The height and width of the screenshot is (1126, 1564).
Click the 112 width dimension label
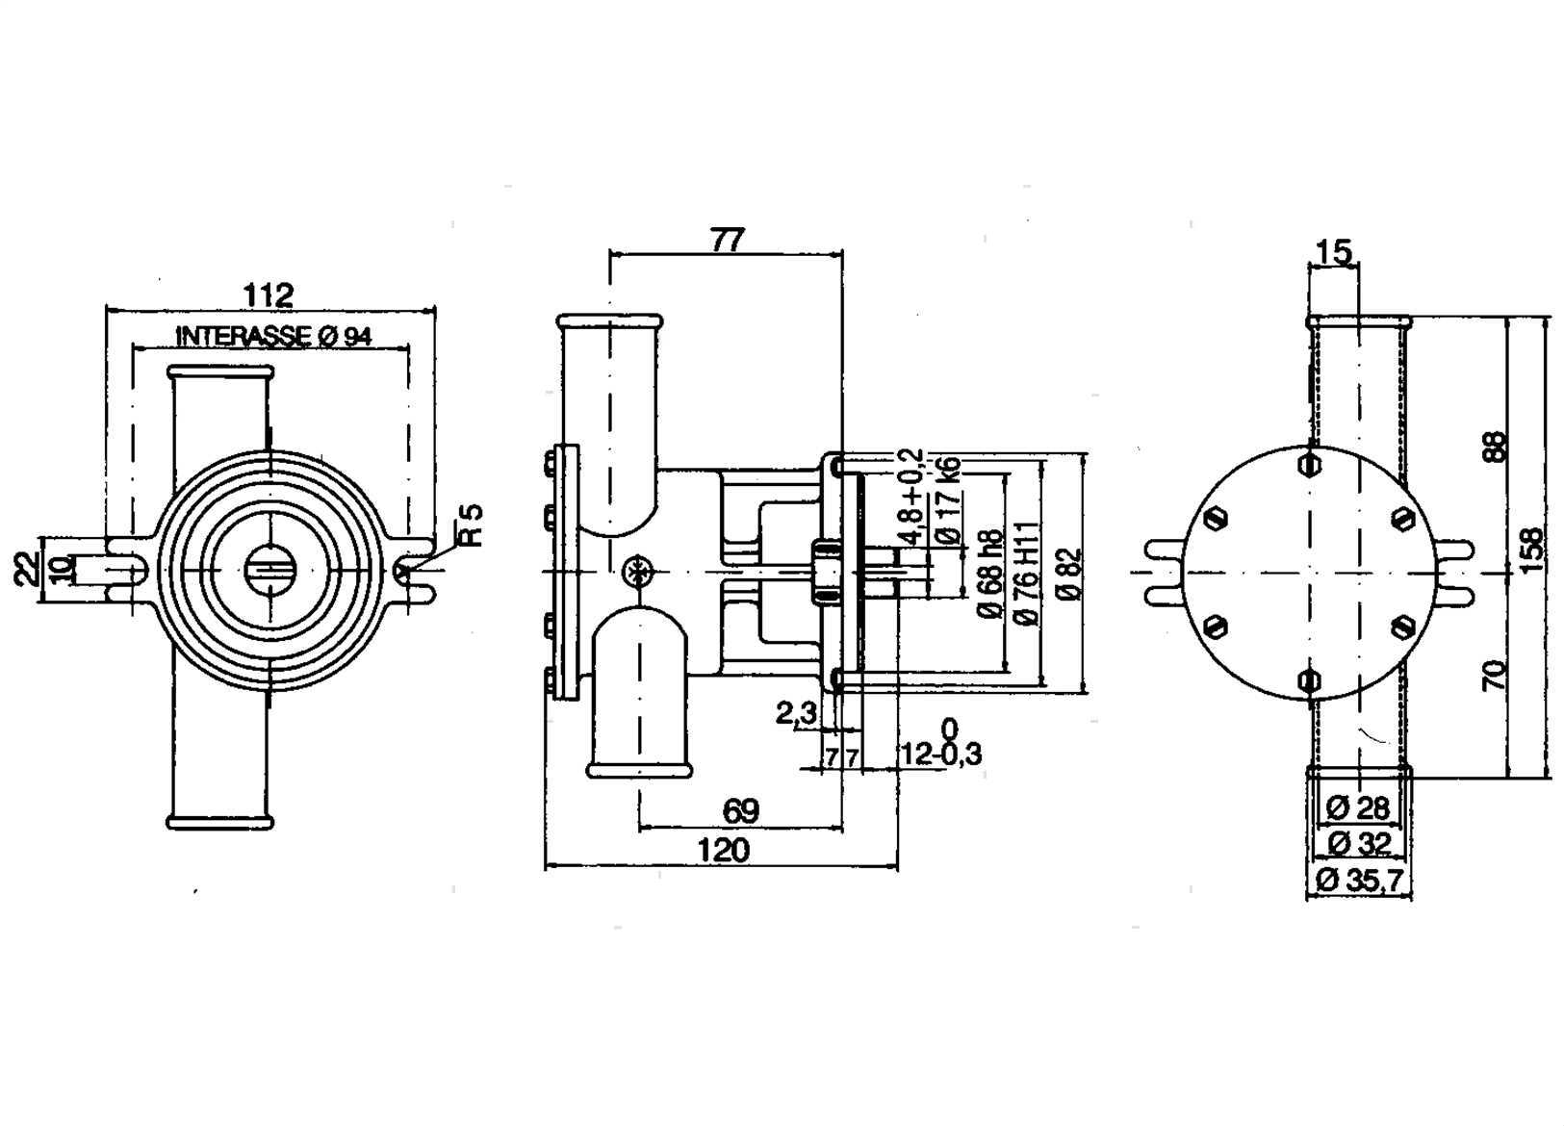pyautogui.click(x=268, y=294)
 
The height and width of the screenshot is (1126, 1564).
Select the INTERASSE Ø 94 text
pyautogui.click(x=273, y=337)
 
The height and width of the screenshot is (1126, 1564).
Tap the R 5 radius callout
pyautogui.click(x=470, y=525)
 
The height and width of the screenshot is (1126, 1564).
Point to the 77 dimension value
pyautogui.click(x=728, y=240)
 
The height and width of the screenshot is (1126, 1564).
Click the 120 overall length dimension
pyautogui.click(x=722, y=851)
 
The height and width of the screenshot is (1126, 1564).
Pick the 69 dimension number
pyautogui.click(x=740, y=811)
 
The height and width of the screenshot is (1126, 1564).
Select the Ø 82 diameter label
pyautogui.click(x=1068, y=575)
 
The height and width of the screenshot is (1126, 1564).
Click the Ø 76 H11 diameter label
pyautogui.click(x=1028, y=574)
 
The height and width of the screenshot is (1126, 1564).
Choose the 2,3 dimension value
pyautogui.click(x=796, y=713)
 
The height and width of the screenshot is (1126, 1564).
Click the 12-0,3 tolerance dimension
pyautogui.click(x=940, y=755)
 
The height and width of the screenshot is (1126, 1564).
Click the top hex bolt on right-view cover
pyautogui.click(x=1308, y=464)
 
